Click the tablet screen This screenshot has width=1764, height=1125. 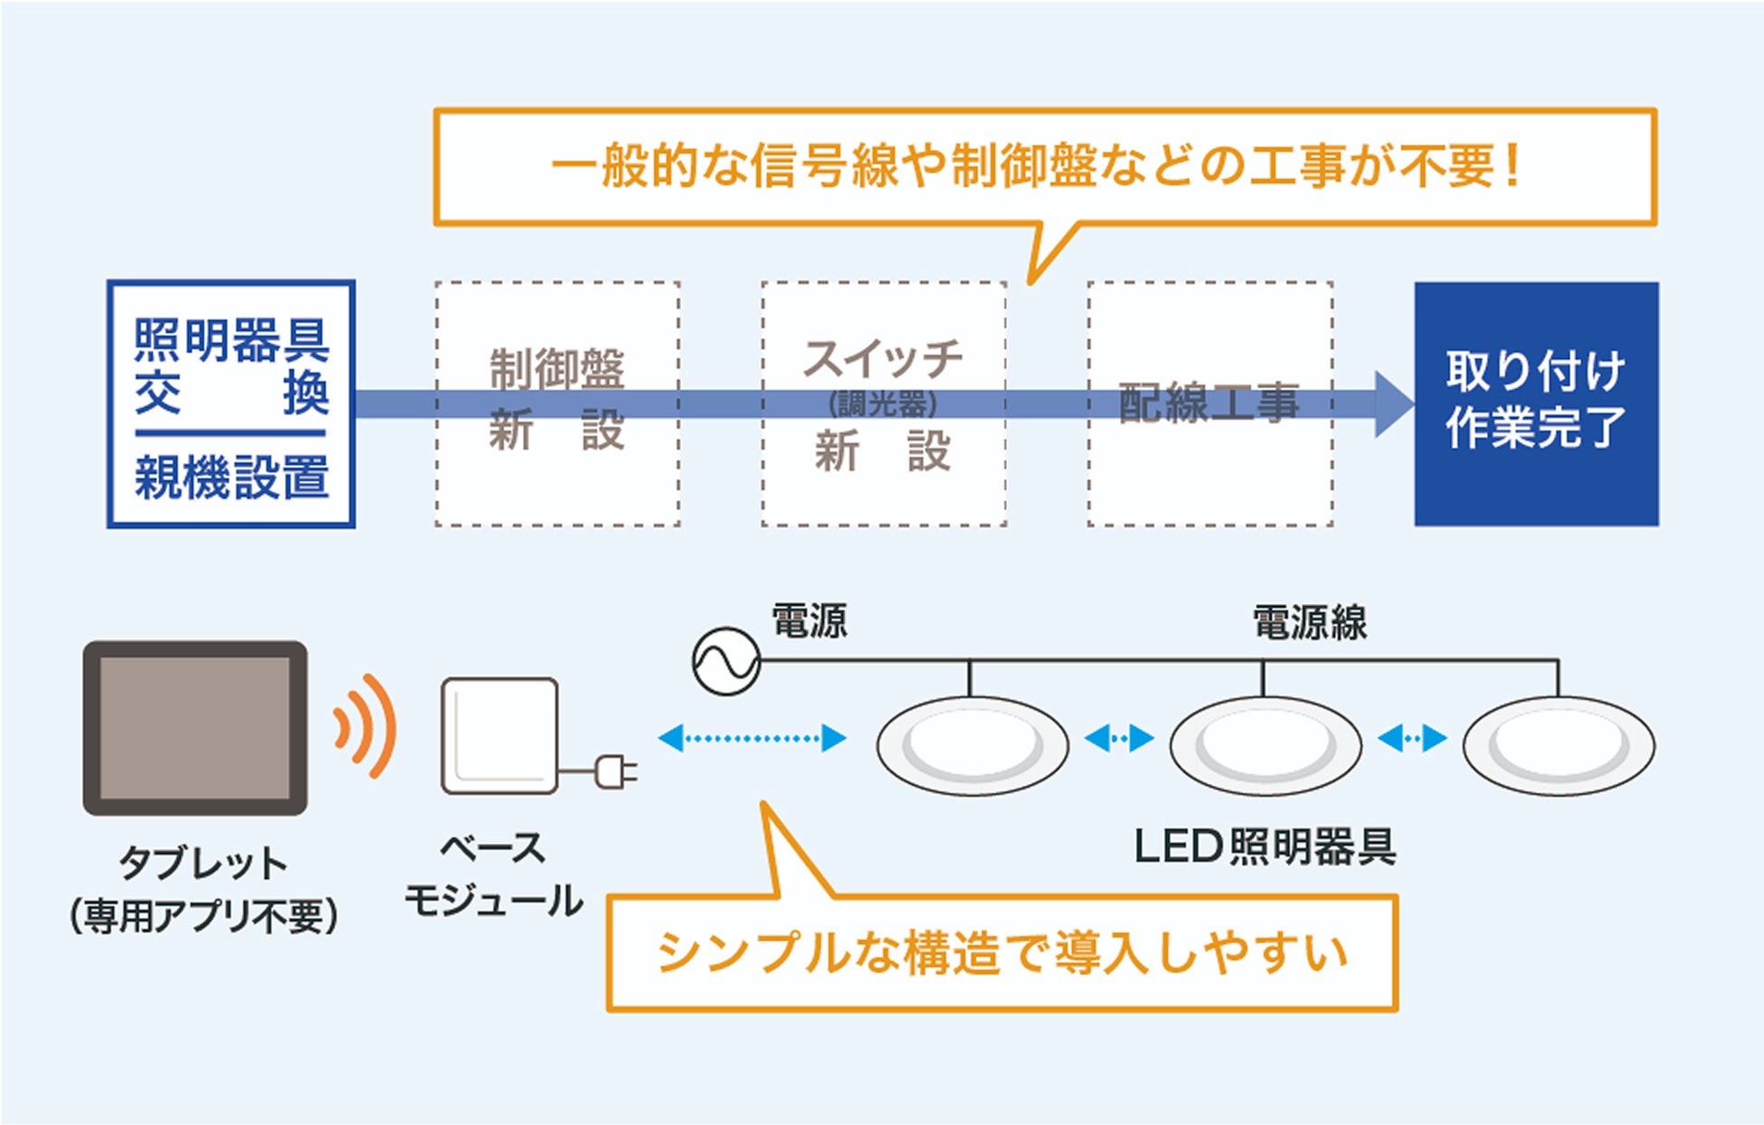[x=194, y=728]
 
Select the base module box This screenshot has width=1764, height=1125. [x=499, y=736]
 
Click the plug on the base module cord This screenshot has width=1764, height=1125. [x=615, y=771]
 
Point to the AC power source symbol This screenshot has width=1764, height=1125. [x=726, y=661]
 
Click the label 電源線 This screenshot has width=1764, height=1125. [x=1310, y=623]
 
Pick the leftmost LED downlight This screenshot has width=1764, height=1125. [x=972, y=746]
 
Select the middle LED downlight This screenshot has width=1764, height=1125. [x=1265, y=746]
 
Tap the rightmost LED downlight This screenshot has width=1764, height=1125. [x=1558, y=746]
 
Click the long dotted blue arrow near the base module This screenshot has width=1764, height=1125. [x=752, y=738]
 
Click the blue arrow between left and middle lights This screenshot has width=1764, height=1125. [x=1119, y=739]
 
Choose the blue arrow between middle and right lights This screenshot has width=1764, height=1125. [x=1412, y=739]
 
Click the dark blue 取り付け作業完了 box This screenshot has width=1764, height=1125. [x=1536, y=403]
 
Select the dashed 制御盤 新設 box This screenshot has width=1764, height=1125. [x=557, y=403]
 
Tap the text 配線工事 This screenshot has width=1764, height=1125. [x=1209, y=402]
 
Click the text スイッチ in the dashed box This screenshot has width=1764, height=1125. [x=883, y=358]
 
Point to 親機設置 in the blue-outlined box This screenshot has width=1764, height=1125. [x=231, y=477]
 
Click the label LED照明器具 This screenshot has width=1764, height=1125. [x=1265, y=846]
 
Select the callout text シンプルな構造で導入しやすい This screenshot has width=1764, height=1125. [x=1001, y=952]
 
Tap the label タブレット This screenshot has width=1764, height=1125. [x=203, y=863]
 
